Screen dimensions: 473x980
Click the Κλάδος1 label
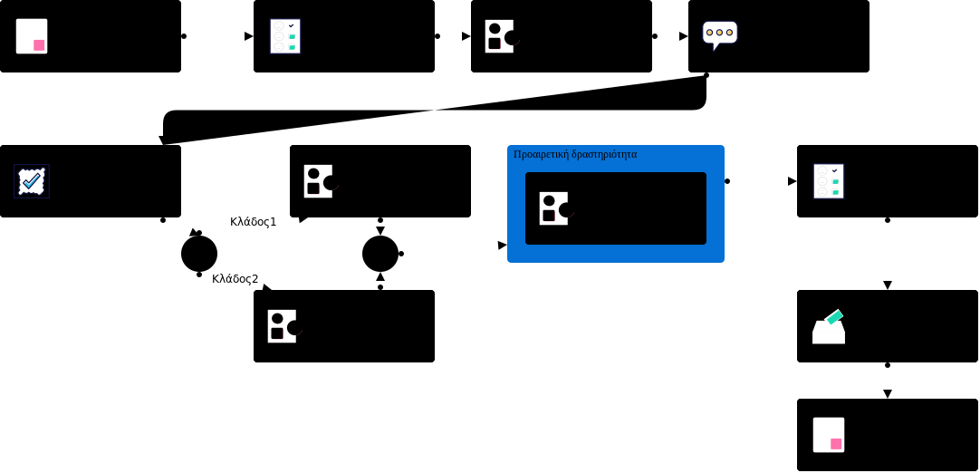[x=253, y=222]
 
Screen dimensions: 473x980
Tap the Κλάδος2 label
[x=235, y=279]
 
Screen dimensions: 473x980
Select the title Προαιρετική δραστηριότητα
[x=575, y=154]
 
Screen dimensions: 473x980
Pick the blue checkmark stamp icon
[x=32, y=181]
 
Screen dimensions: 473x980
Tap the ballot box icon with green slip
[x=829, y=326]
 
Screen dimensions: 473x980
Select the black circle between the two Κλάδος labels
[x=199, y=254]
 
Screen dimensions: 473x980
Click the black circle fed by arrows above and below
[x=380, y=254]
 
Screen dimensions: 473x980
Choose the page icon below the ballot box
[x=829, y=435]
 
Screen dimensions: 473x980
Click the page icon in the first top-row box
[x=32, y=36]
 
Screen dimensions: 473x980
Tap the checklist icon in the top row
[x=285, y=36]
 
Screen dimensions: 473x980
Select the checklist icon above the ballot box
[x=829, y=181]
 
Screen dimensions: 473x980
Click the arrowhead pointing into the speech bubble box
[x=683, y=36]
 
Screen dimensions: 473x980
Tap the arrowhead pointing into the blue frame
[x=502, y=245]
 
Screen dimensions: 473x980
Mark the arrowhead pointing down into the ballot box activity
[x=888, y=285]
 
